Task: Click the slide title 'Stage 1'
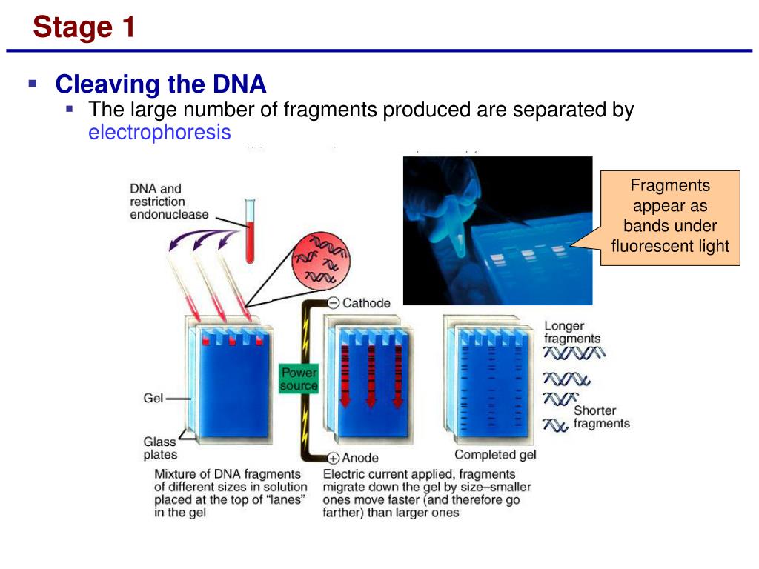click(84, 27)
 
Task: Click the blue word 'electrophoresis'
click(159, 133)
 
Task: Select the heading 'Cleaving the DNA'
click(161, 84)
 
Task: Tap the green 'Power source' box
click(299, 379)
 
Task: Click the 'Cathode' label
click(366, 303)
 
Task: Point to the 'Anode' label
click(360, 458)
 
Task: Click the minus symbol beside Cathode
click(334, 303)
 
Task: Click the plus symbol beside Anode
click(334, 458)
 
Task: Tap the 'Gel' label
click(153, 399)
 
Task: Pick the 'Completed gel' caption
click(495, 455)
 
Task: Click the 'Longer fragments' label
click(572, 332)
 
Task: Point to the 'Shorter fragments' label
click(601, 417)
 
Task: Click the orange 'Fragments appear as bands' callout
click(670, 216)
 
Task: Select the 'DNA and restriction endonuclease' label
click(169, 202)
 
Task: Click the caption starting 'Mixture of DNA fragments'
click(230, 493)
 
